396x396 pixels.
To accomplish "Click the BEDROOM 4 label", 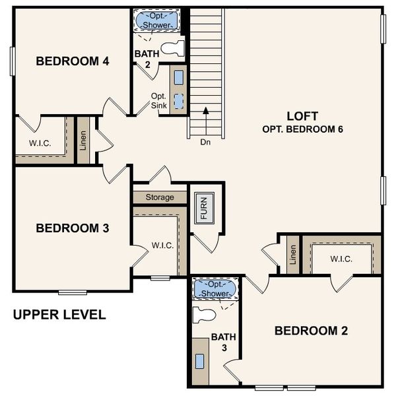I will point(72,61).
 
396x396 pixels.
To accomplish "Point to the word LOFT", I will point(303,115).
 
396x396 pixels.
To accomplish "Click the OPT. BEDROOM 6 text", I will point(303,129).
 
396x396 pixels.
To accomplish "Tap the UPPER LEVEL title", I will point(59,315).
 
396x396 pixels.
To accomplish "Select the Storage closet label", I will point(160,197).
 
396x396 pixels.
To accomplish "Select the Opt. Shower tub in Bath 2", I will point(156,20).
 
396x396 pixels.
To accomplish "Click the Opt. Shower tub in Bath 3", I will point(214,288).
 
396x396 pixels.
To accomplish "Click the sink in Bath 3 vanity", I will point(200,361).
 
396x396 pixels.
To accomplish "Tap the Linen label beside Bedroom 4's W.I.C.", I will point(84,140).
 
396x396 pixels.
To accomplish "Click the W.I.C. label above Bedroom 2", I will point(341,258).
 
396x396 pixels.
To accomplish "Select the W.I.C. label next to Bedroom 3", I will point(162,246).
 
